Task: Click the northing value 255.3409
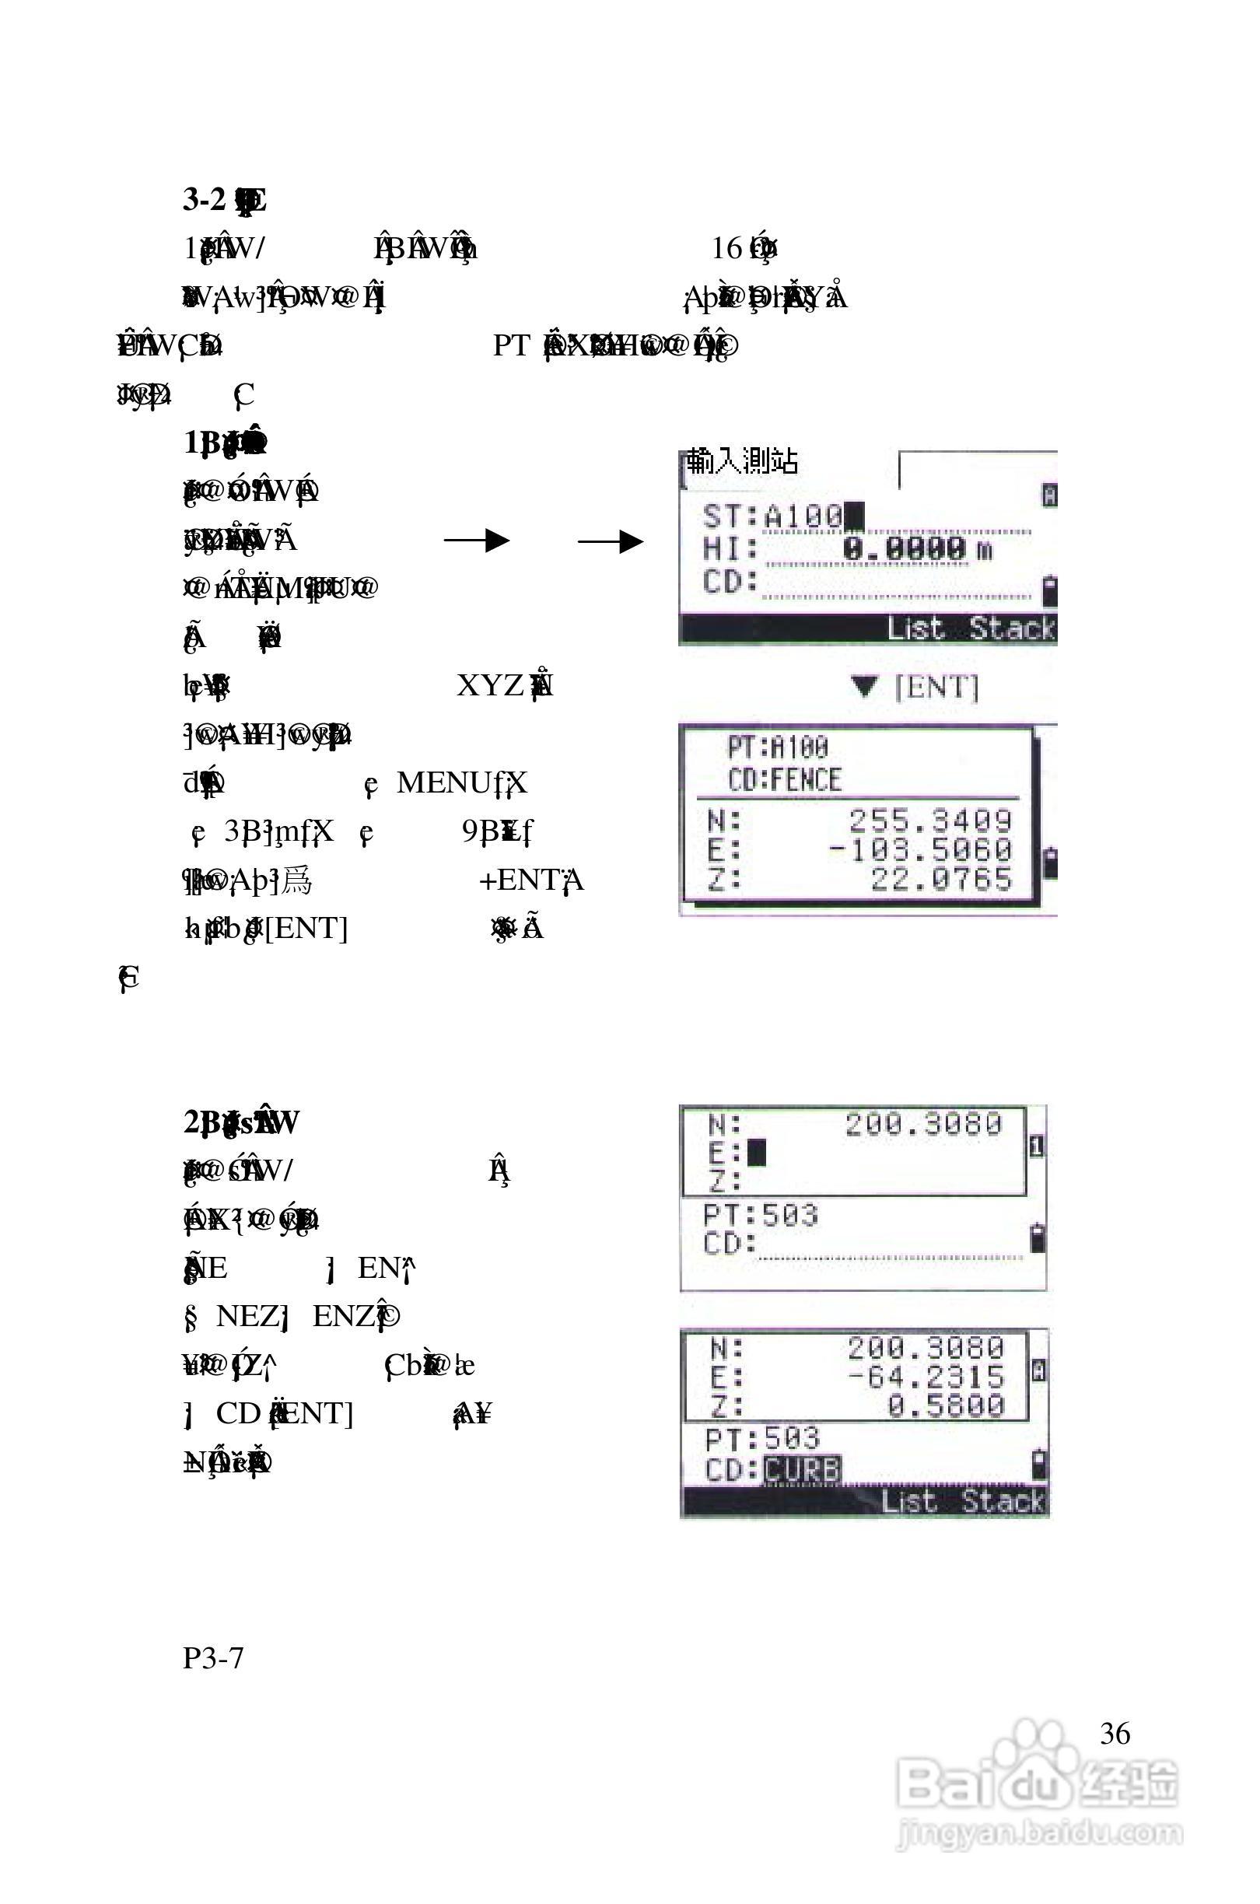(x=929, y=821)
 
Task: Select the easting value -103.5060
(x=921, y=849)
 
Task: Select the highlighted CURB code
(x=801, y=1469)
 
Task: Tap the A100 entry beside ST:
(x=803, y=516)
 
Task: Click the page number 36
(x=1115, y=1733)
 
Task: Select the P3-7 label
(x=213, y=1657)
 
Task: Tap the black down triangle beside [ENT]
(x=865, y=687)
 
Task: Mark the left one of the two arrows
(x=477, y=541)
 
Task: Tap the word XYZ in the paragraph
(x=490, y=685)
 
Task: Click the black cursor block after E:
(x=757, y=1153)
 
